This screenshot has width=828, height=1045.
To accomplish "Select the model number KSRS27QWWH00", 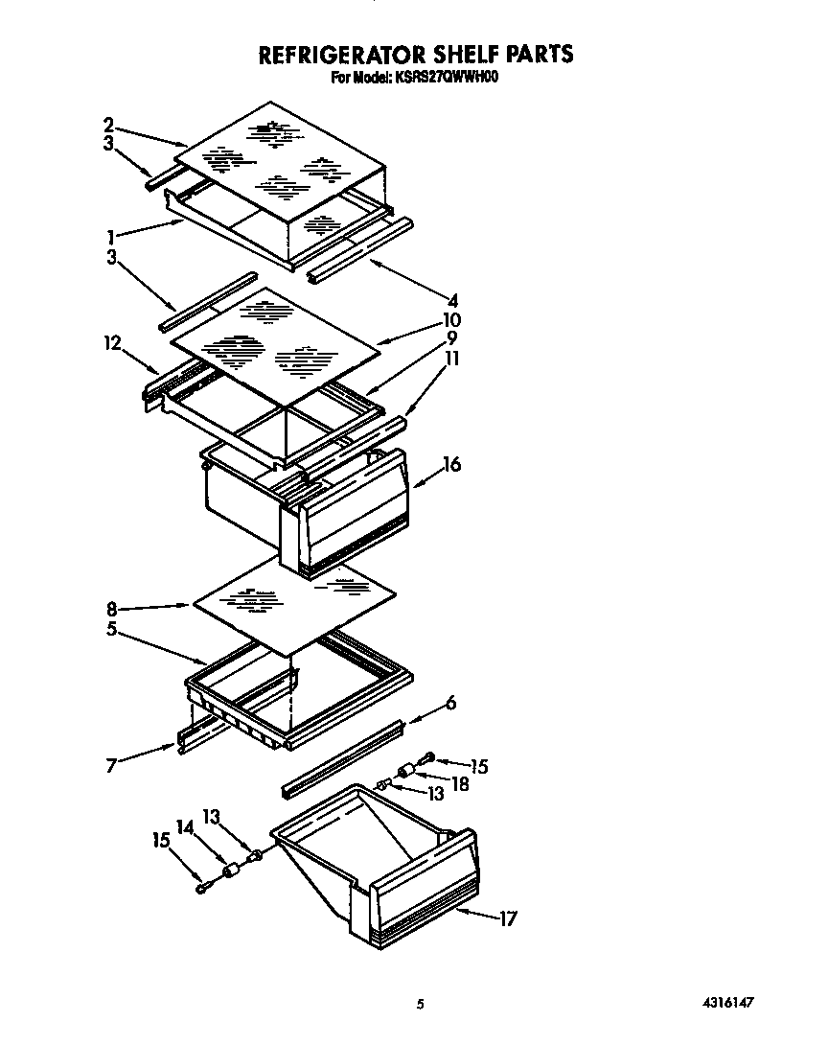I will coord(446,79).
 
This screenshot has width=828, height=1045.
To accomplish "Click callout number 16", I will coord(452,465).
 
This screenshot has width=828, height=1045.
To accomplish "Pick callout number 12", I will coord(113,341).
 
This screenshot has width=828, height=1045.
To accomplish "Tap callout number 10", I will coord(452,319).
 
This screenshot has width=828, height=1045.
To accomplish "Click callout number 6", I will coord(450,703).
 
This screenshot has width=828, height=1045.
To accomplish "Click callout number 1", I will coord(112,235).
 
